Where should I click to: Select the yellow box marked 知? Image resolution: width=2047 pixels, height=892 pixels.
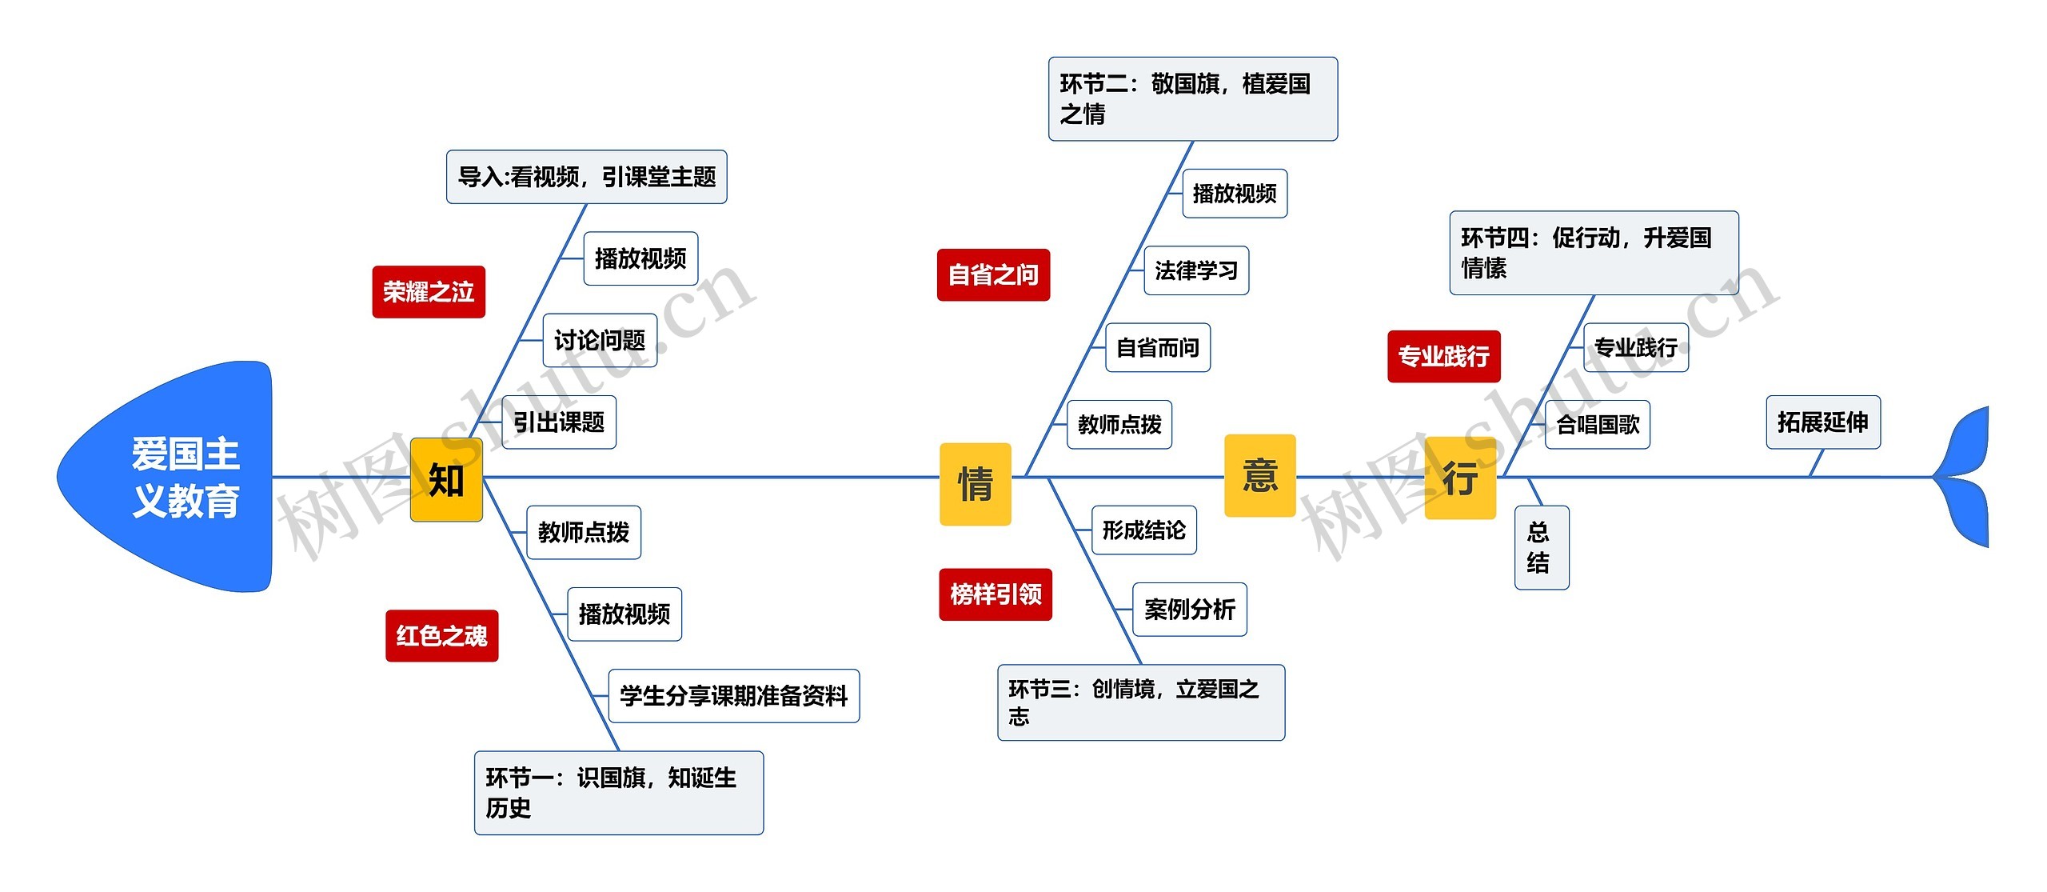tap(446, 480)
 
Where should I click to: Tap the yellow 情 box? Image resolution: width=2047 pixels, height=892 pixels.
tap(975, 484)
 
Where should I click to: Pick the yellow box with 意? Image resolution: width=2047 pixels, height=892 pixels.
tap(1259, 475)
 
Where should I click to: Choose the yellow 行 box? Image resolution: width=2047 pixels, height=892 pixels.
tap(1460, 478)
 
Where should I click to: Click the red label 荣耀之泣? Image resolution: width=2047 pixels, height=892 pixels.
tap(429, 292)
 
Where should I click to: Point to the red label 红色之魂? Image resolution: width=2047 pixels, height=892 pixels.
tap(441, 636)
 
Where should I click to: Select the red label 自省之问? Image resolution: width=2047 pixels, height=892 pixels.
tap(993, 275)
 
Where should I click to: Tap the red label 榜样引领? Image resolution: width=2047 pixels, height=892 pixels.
tap(996, 594)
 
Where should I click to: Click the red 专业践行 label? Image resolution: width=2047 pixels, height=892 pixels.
tap(1443, 356)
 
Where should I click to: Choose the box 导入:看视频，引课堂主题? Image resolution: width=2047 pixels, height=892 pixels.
tap(586, 177)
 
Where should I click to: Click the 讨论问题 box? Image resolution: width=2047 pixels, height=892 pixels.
tap(600, 341)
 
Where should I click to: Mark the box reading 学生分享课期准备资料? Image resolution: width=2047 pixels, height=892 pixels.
tap(733, 696)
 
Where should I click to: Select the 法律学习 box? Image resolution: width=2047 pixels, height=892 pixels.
tap(1195, 271)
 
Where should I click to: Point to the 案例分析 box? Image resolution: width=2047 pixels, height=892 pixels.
tap(1189, 610)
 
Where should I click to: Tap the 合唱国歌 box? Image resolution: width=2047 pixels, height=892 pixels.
tap(1597, 425)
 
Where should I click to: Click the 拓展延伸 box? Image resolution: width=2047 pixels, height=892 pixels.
tap(1822, 422)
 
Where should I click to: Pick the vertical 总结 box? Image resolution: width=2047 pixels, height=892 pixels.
tap(1541, 548)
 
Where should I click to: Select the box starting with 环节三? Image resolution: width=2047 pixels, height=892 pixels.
tap(1140, 702)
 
